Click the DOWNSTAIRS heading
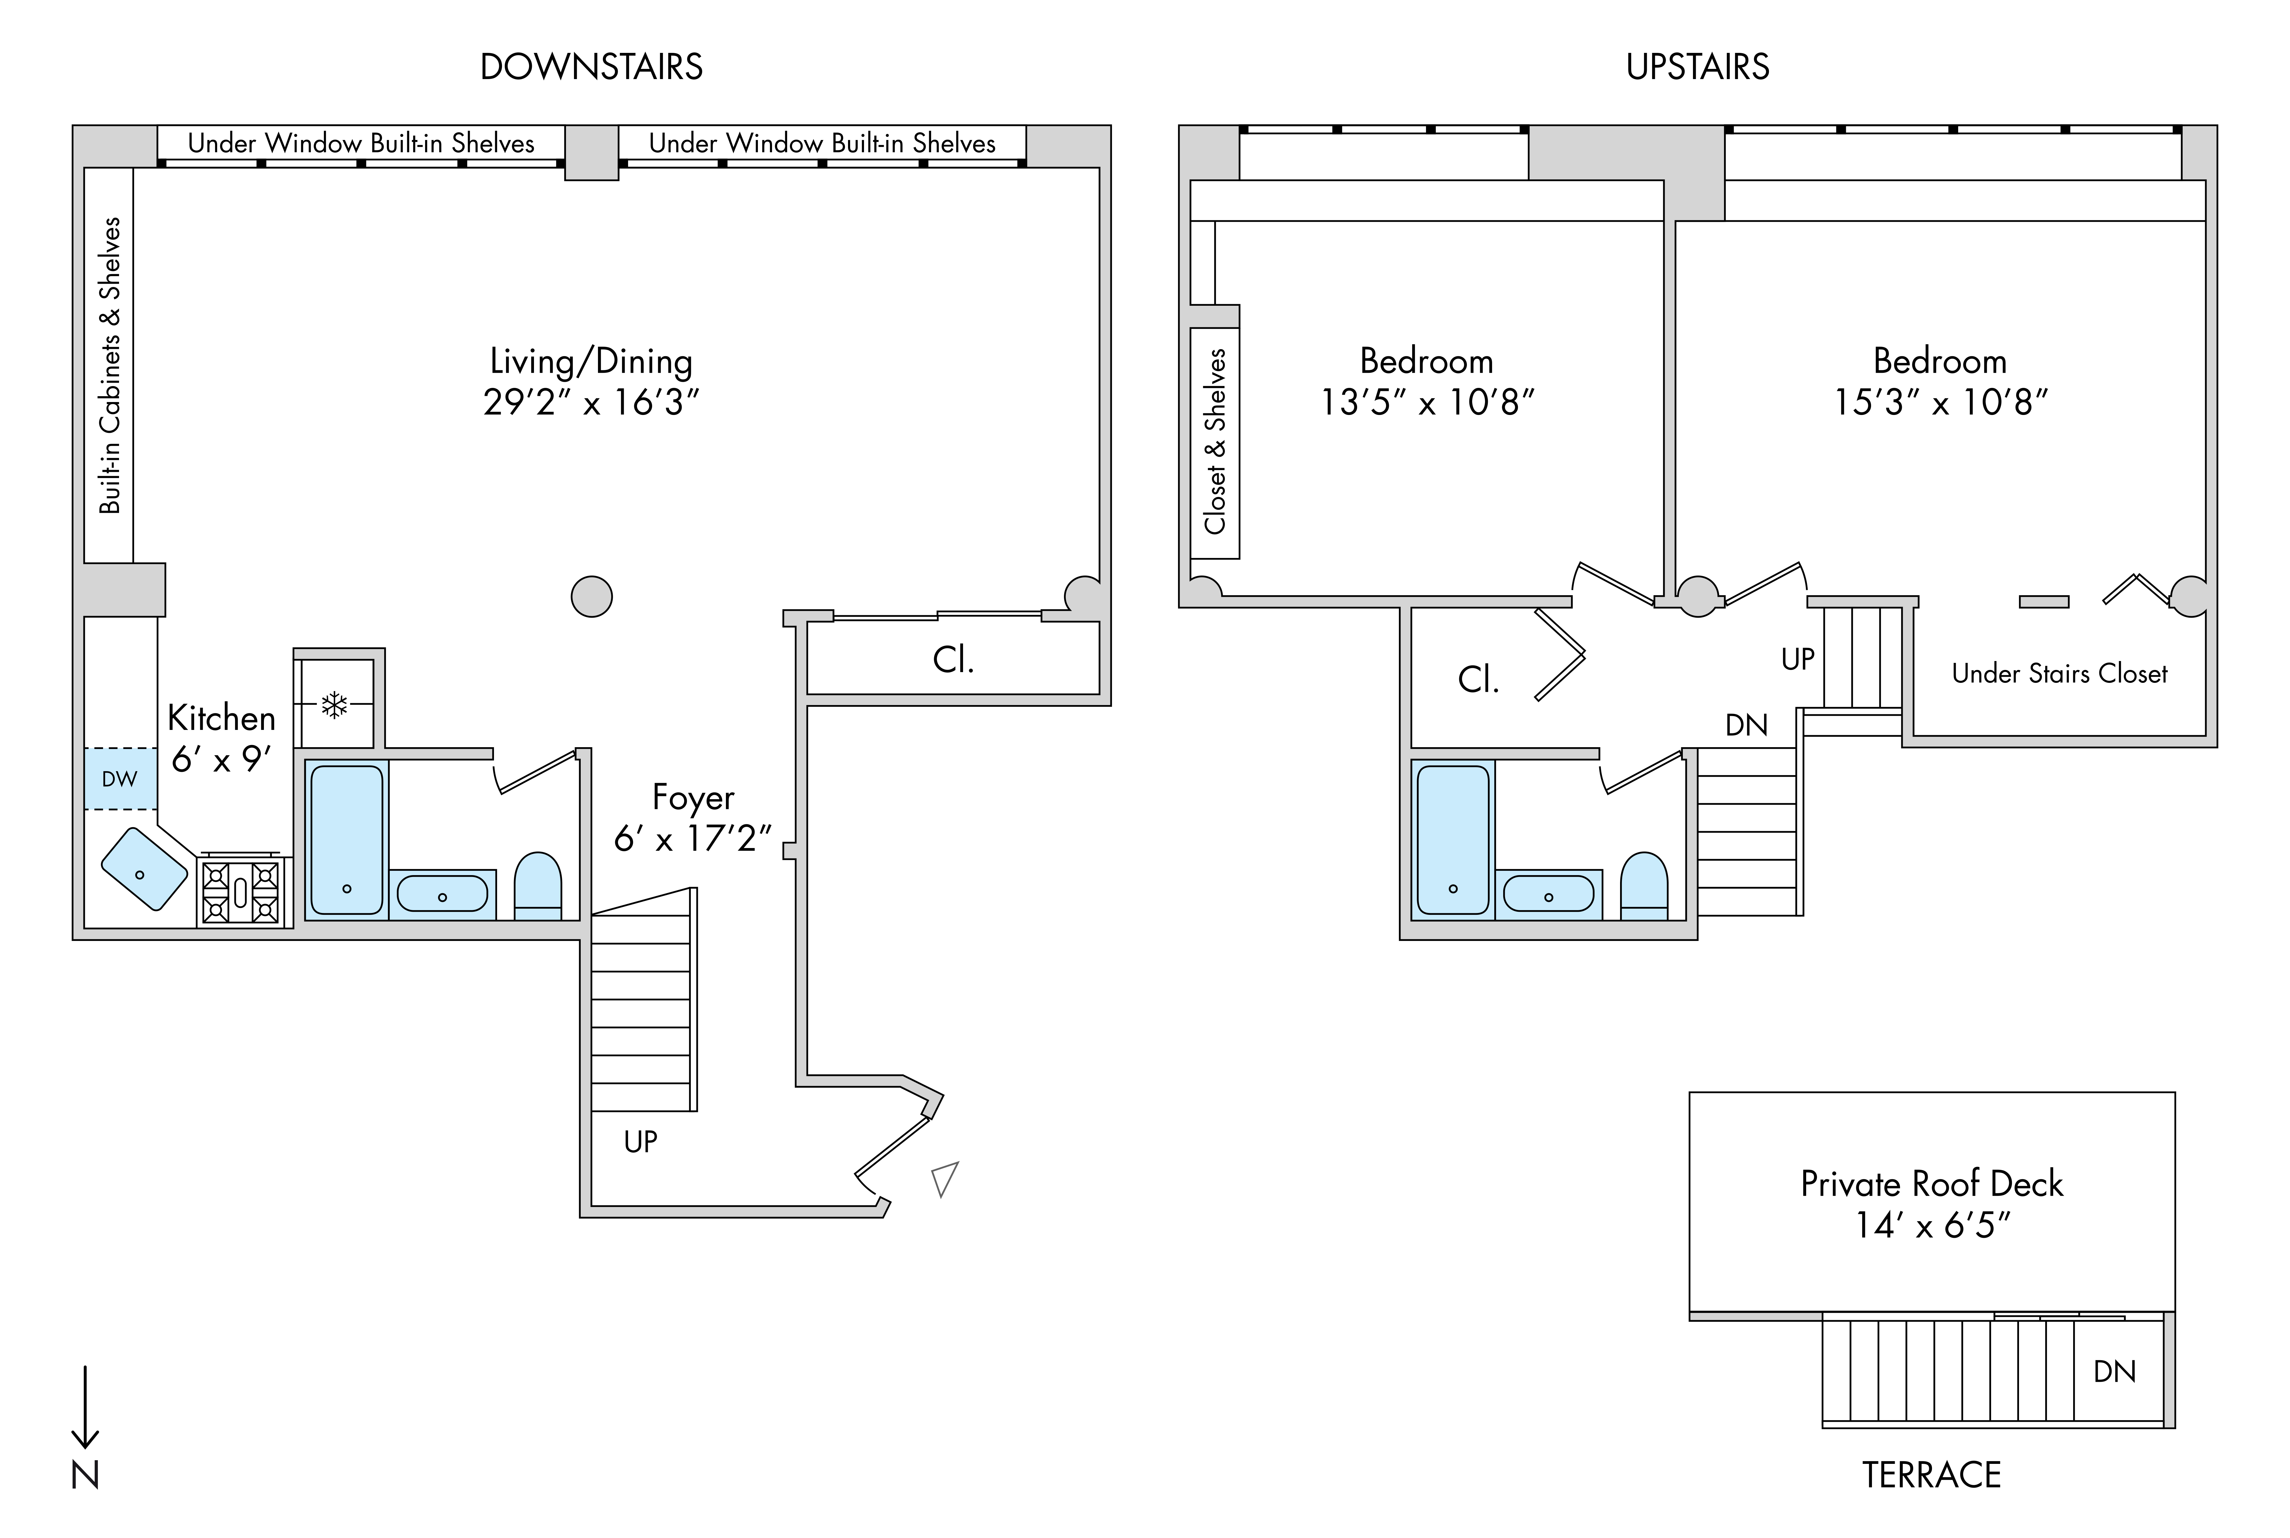(x=591, y=67)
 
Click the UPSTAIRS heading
(x=1698, y=67)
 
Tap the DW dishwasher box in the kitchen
(x=120, y=779)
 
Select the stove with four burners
(x=240, y=891)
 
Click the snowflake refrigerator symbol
(x=334, y=704)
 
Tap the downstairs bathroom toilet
(x=538, y=886)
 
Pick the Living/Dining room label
(x=591, y=361)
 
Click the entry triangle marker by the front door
(x=944, y=1179)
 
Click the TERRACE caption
(x=1931, y=1474)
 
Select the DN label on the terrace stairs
(x=2114, y=1371)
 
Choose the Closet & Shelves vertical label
(x=1215, y=441)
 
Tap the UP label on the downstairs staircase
(x=640, y=1142)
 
